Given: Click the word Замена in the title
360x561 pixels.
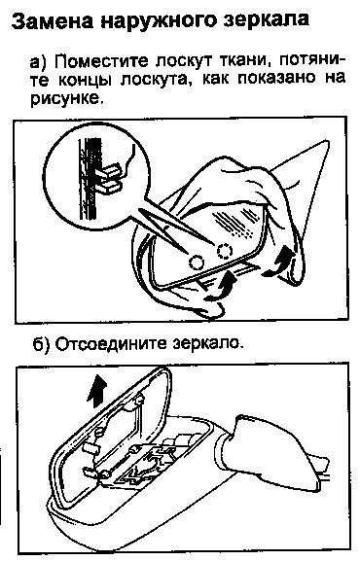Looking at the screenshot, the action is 52,21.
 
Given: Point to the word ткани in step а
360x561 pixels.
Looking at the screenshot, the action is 245,61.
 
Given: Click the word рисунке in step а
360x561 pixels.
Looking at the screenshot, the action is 64,98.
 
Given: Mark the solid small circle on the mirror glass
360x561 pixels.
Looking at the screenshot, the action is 197,263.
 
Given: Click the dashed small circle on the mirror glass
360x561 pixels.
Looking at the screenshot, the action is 224,251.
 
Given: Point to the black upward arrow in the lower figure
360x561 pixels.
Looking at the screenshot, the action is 96,392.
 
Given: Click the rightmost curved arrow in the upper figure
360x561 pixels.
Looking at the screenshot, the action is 279,262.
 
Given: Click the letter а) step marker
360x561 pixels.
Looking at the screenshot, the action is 39,61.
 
